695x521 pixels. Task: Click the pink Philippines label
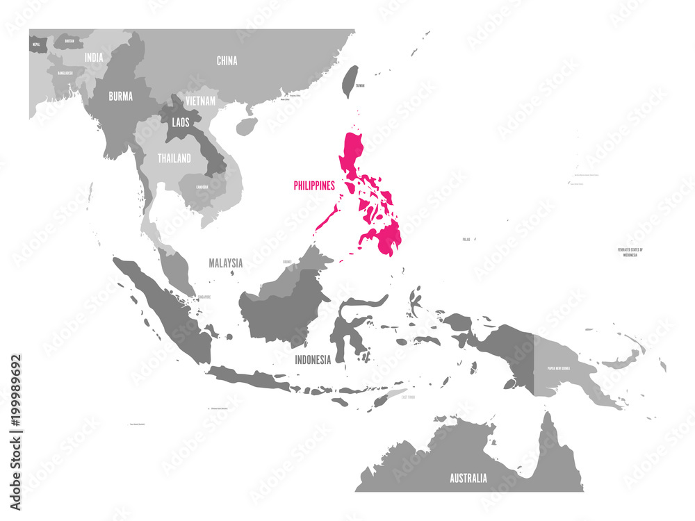(314, 185)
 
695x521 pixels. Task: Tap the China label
(227, 60)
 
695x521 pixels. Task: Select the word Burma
(120, 97)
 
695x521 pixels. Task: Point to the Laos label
(177, 122)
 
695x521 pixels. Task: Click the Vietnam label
(201, 101)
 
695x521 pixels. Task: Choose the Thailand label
(174, 158)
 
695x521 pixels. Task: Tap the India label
(94, 58)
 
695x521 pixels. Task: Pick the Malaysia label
(226, 263)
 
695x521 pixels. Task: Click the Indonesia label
(313, 359)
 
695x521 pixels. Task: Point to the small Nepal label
(35, 44)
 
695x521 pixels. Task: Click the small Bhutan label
(68, 41)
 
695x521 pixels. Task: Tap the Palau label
(466, 239)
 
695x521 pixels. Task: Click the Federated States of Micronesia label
(631, 252)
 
